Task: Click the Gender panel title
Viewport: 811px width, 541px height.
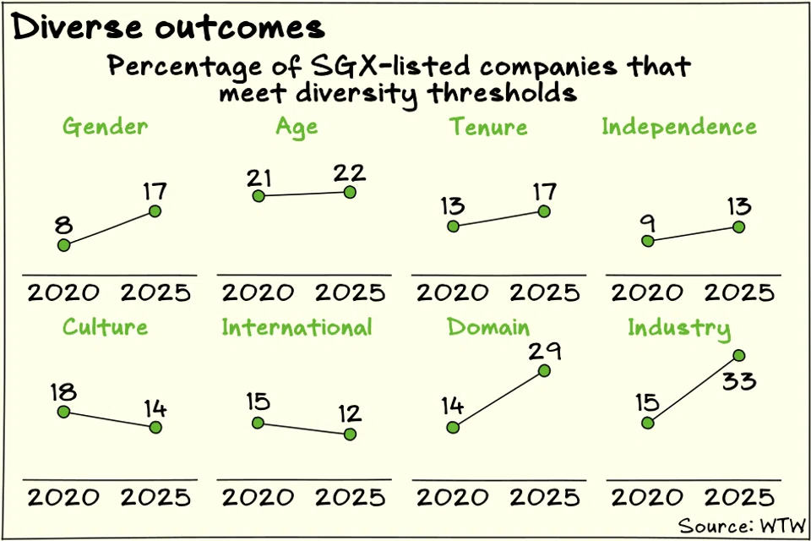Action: click(105, 127)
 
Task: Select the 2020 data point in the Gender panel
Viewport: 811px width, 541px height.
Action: click(63, 245)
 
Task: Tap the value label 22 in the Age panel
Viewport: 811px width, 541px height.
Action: click(348, 173)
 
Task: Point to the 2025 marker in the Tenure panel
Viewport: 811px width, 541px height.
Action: click(544, 211)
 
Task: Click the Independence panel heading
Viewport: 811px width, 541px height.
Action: click(679, 127)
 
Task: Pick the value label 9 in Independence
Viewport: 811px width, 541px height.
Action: click(649, 222)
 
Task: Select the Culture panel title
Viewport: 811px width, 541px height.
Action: click(105, 327)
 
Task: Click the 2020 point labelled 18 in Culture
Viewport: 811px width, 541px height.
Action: click(63, 412)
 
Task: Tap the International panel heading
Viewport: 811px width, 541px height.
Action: click(297, 327)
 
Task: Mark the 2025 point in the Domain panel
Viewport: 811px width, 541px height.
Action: click(544, 371)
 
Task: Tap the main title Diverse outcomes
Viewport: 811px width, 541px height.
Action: click(168, 27)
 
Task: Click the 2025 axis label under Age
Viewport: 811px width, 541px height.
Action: click(350, 293)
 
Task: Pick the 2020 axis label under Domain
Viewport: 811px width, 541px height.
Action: click(452, 497)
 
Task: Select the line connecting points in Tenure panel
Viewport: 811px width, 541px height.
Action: click(498, 219)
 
